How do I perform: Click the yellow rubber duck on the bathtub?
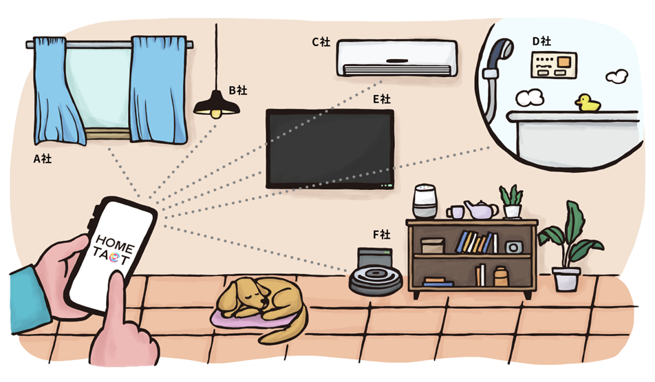click(588, 103)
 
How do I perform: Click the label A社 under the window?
click(43, 159)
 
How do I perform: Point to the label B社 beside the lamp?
click(237, 90)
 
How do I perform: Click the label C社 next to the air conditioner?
click(321, 42)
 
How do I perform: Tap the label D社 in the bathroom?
click(541, 41)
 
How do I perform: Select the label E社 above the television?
click(381, 99)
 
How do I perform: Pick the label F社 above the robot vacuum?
click(381, 235)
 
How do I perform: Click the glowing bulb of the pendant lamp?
click(215, 114)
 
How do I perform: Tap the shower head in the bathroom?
click(502, 51)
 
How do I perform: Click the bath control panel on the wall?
click(554, 65)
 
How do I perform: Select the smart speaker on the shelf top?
click(425, 202)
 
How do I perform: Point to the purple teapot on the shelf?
click(481, 210)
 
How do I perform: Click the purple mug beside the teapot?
click(455, 212)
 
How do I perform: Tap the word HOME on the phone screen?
click(114, 244)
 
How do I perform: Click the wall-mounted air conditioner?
click(397, 58)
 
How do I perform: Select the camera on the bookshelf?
click(513, 247)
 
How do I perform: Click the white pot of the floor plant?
click(566, 279)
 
